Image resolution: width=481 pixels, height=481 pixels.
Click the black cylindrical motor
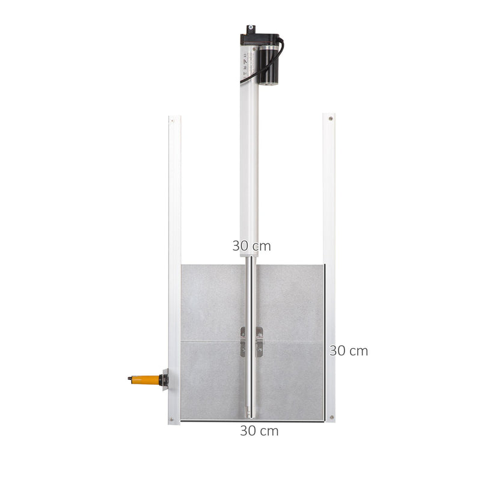[x=270, y=63]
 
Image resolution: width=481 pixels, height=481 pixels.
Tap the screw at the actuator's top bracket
[x=251, y=28]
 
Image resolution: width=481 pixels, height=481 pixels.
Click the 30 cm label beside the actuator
[x=251, y=246]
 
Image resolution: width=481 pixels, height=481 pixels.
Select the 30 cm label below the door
[x=259, y=430]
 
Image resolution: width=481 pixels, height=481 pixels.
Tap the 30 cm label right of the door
[x=348, y=351]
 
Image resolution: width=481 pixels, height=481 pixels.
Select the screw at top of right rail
[x=329, y=120]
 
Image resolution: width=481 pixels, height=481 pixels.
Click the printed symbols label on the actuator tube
[x=246, y=60]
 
